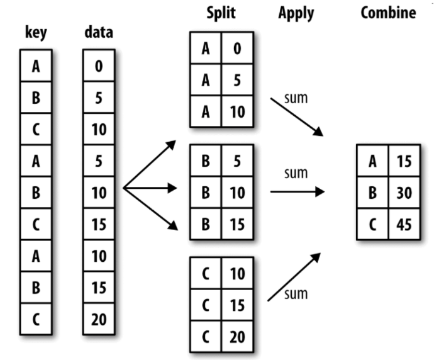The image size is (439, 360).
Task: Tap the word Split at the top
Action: tap(221, 13)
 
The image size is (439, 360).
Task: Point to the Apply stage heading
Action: tap(296, 13)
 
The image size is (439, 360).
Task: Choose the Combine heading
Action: tap(387, 13)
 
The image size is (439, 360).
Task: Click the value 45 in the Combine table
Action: tap(404, 223)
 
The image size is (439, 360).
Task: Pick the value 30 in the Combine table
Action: tap(404, 192)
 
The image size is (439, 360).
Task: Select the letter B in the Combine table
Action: tap(372, 192)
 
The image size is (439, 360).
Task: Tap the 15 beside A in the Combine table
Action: tap(404, 161)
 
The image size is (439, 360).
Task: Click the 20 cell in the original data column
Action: tap(99, 319)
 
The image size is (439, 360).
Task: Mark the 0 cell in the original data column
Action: tap(99, 66)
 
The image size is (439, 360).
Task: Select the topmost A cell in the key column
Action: tap(36, 66)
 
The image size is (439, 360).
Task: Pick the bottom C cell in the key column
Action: tap(36, 319)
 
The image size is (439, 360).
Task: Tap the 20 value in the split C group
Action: tap(237, 336)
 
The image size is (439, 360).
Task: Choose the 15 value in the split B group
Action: tap(237, 223)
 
